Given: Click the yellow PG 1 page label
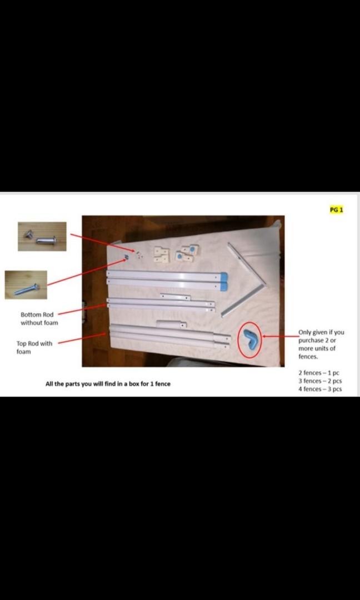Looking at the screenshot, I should click(337, 209).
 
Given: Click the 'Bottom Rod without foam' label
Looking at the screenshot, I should click(39, 318).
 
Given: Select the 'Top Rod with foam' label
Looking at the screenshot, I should click(34, 347).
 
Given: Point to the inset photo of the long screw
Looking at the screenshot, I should click(26, 284).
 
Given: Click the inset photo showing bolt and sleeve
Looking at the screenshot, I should click(42, 236).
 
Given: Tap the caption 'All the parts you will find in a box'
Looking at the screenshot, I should click(108, 384).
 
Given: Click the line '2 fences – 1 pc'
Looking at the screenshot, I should click(318, 372).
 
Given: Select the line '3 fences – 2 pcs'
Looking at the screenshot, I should click(319, 381).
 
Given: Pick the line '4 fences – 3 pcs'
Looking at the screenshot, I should click(319, 389).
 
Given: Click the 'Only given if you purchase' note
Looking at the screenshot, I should click(321, 344).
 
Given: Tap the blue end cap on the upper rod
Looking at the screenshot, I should click(223, 276).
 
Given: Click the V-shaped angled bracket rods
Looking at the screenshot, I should click(244, 278).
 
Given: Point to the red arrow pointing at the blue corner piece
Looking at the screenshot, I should click(281, 336).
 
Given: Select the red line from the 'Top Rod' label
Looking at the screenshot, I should click(82, 339).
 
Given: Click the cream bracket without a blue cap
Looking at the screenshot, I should click(162, 254).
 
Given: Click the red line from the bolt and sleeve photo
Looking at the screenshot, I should click(100, 243).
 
